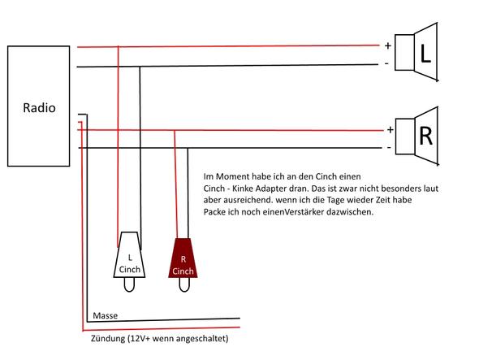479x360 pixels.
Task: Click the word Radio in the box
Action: (39, 107)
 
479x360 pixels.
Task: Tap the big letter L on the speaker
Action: (425, 54)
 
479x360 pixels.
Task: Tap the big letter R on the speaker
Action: (426, 136)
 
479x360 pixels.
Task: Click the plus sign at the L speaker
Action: (388, 46)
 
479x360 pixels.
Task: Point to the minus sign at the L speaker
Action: (386, 63)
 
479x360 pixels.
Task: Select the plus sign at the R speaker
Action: (391, 130)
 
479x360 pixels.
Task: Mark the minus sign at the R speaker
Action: (389, 148)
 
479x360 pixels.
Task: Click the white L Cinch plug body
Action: (129, 255)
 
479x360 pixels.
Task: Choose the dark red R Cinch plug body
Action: (183, 258)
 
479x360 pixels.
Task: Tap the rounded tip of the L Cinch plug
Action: (129, 284)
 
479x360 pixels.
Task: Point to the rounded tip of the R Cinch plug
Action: (184, 284)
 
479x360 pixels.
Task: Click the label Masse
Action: (105, 315)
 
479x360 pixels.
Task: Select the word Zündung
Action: (108, 339)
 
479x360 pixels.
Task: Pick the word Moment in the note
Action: (233, 176)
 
